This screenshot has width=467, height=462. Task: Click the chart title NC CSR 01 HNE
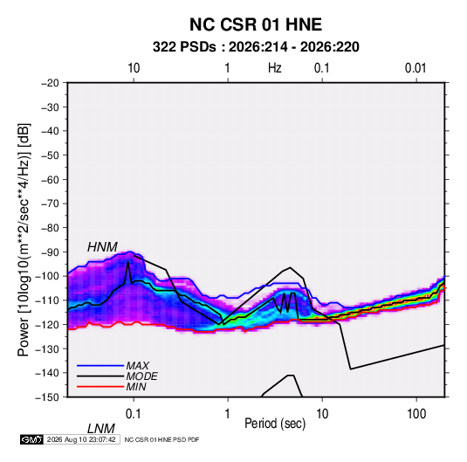[x=256, y=24]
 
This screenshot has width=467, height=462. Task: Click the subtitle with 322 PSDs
[x=256, y=47]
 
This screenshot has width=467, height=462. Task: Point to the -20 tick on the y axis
[x=50, y=83]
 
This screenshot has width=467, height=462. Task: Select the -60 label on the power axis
[x=50, y=179]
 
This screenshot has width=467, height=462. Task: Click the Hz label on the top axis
[x=275, y=68]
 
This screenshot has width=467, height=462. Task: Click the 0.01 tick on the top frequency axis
[x=415, y=68]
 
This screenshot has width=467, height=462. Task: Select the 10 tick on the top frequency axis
[x=134, y=68]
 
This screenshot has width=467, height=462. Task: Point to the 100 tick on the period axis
[x=416, y=414]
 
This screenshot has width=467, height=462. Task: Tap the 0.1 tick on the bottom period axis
[x=134, y=414]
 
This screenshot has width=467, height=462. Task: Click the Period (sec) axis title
[x=275, y=424]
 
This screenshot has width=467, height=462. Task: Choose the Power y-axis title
[x=24, y=239]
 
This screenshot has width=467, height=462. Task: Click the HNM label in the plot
[x=102, y=247]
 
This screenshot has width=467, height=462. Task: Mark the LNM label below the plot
[x=100, y=429]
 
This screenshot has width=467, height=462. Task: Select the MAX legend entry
[x=137, y=366]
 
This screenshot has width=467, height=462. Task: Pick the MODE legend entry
[x=141, y=376]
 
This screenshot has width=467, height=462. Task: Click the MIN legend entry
[x=136, y=387]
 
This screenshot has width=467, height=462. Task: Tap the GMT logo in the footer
[x=32, y=439]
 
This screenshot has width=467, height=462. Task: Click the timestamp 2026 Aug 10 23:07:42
[x=81, y=439]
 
